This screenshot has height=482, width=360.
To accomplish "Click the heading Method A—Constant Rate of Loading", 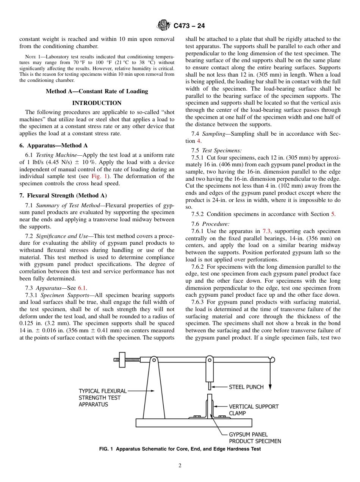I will click(97, 91).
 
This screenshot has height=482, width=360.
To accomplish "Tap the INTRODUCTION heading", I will click(97, 103).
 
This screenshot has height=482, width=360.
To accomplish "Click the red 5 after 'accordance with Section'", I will click(333, 214).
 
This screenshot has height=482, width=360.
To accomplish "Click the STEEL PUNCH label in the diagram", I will click(246, 387).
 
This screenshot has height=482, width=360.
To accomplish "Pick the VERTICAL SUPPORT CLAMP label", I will click(254, 410).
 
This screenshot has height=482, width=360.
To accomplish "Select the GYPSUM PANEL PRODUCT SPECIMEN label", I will click(255, 438).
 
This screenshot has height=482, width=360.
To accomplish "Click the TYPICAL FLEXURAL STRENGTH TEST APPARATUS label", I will click(102, 397).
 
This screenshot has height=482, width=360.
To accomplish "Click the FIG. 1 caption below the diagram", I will click(180, 449).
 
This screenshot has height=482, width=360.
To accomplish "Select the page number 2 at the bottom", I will click(180, 466).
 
